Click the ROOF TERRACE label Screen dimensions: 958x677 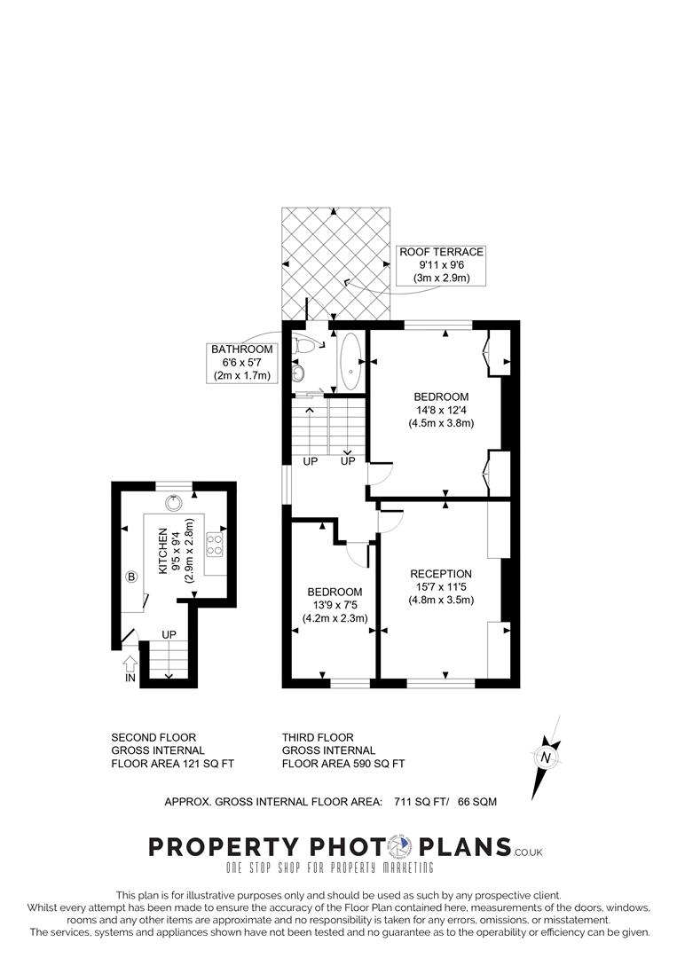click(x=441, y=253)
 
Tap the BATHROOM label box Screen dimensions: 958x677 click(x=241, y=363)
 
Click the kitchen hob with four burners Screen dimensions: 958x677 click(x=214, y=544)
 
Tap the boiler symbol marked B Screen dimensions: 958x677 click(x=132, y=577)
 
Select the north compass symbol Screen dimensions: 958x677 click(x=545, y=757)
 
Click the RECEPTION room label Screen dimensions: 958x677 click(x=441, y=574)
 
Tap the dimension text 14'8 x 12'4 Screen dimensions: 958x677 click(x=441, y=410)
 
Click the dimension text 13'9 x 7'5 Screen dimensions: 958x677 click(x=335, y=605)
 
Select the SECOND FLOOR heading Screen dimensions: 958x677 click(x=154, y=737)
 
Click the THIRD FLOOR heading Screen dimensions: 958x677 click(x=318, y=737)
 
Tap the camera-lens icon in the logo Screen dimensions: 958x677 click(x=403, y=846)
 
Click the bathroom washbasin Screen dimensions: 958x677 click(x=299, y=373)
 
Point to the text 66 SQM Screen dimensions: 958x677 click(x=477, y=802)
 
